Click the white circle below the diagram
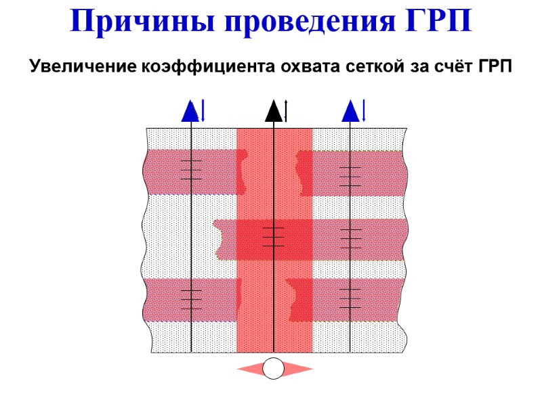[274, 369]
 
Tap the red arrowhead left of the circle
[249, 369]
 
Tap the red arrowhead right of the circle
[299, 369]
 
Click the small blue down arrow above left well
[203, 111]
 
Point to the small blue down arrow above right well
[364, 111]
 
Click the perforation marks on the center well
[274, 237]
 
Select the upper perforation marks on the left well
[192, 170]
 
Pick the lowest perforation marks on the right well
[350, 298]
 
